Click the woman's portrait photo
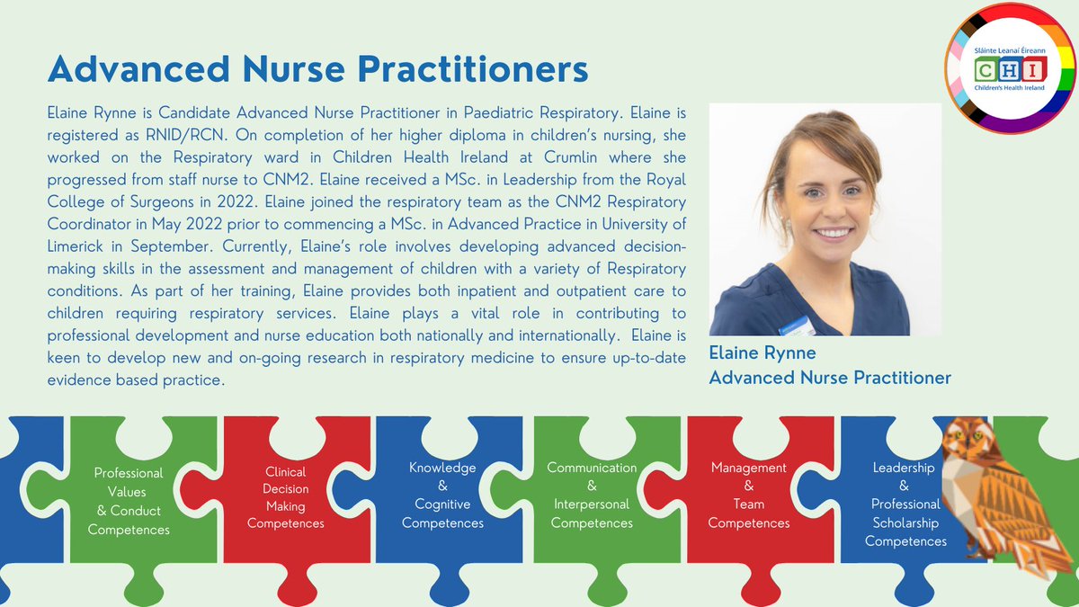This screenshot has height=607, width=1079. [825, 219]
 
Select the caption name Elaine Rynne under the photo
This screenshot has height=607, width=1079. [762, 353]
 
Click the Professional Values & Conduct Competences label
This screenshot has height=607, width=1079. [129, 501]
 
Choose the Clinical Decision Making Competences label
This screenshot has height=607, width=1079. [286, 497]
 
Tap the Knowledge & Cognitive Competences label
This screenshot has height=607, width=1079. [442, 495]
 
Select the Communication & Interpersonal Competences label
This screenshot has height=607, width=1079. [592, 495]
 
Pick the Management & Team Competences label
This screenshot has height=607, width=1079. [749, 495]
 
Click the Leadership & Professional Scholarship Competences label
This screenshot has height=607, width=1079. [905, 504]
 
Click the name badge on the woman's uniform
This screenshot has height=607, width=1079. [798, 322]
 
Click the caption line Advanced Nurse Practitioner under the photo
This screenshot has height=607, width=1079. [830, 378]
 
